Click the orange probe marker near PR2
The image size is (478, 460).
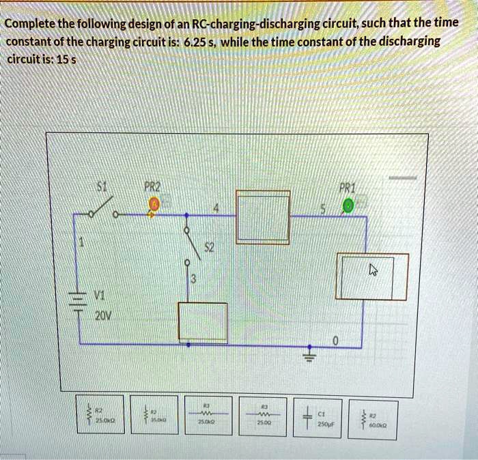155,203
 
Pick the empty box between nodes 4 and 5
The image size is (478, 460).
263,216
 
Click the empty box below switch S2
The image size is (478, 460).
203,321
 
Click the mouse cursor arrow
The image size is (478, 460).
373,271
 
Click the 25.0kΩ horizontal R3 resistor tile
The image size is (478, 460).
206,414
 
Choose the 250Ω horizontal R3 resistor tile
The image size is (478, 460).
262,414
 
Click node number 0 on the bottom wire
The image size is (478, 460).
335,341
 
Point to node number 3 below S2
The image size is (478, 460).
193,278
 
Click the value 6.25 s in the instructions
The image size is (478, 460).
199,40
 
